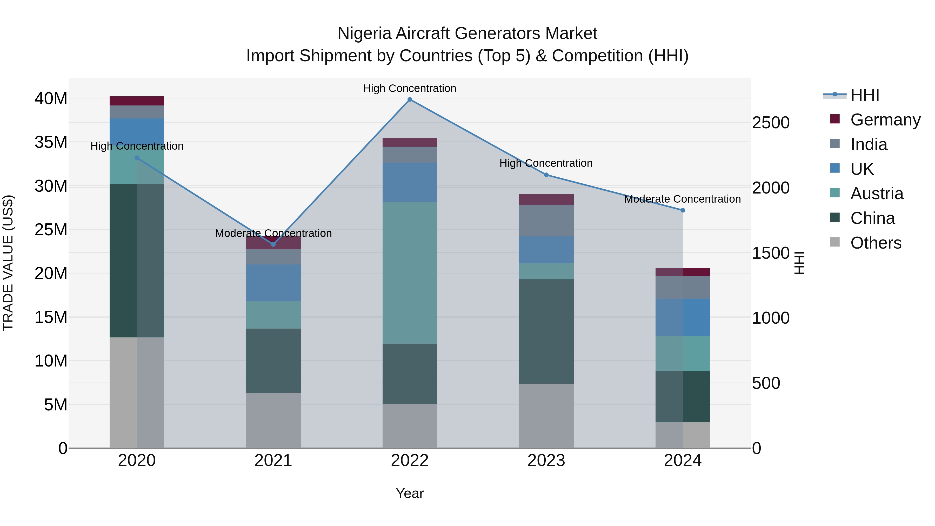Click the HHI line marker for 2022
point(410,99)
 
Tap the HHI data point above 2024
point(683,210)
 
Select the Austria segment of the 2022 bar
point(410,273)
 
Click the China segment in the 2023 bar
point(546,331)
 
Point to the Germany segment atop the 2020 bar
point(137,101)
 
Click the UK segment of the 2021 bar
point(273,283)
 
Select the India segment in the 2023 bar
point(546,221)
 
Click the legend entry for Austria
point(877,194)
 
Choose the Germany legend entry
point(885,120)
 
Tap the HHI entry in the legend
point(865,95)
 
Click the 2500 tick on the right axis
point(771,123)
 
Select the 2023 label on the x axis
point(546,461)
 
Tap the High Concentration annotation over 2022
point(410,88)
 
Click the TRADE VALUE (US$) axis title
point(8,263)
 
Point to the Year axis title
point(410,493)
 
